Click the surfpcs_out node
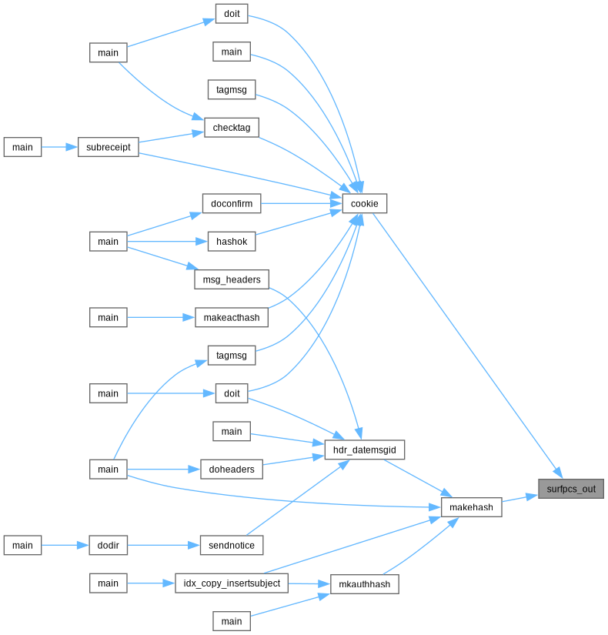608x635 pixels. (571, 489)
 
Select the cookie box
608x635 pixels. (365, 203)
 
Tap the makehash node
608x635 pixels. (472, 507)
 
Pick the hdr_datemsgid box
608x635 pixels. (365, 450)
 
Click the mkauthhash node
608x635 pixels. (365, 584)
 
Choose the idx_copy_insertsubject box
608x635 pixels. (232, 583)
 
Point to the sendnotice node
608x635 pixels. (232, 545)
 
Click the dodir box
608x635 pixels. (109, 545)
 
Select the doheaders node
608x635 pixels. (232, 469)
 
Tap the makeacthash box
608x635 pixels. (232, 317)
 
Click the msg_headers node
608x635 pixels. (232, 279)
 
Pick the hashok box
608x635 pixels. (232, 242)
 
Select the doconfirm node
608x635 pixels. (232, 203)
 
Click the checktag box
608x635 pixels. (232, 127)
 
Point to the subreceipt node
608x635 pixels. (109, 146)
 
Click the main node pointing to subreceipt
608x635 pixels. (22, 146)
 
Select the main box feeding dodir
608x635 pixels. (22, 545)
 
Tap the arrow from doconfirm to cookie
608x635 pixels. (302, 203)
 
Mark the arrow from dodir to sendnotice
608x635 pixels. (164, 545)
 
